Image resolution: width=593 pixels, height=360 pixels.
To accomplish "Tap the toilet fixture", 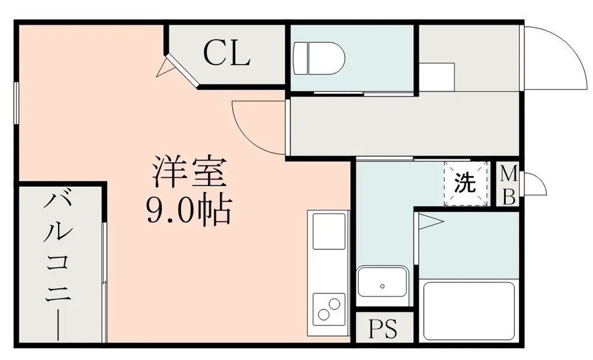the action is coord(319,58).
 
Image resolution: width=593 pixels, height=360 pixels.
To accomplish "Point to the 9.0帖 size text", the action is coord(188,210).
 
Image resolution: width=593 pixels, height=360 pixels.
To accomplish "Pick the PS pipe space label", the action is coord(383,329).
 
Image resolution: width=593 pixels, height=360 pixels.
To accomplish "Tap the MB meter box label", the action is coord(508,185).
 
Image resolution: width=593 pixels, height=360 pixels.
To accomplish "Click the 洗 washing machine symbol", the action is coord(465,184).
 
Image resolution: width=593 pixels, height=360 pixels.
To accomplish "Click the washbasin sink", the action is coord(382,286).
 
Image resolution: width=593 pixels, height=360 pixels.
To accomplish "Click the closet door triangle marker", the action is coord(163,67).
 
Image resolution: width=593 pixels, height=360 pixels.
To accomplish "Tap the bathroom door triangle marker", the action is coord(430,222).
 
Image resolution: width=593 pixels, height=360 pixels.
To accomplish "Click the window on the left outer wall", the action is coord(16,103).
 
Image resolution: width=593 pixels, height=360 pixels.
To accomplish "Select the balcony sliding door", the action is coord(104,282).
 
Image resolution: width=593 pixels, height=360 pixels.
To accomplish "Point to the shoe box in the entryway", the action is coord(437,77).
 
